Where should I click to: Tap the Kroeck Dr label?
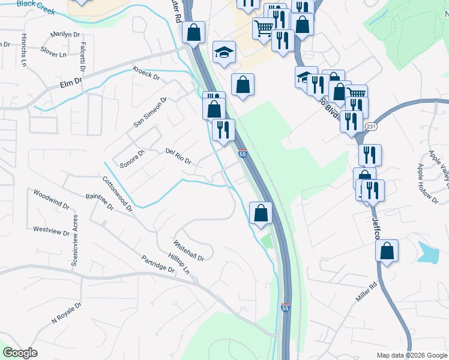tap(146, 73)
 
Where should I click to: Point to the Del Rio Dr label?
tap(178, 157)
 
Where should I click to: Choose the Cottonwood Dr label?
tap(117, 194)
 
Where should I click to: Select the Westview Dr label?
tap(47, 229)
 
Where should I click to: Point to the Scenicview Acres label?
tap(75, 243)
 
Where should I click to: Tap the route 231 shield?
tap(371, 127)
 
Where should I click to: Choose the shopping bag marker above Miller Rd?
tap(387, 251)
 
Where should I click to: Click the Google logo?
tap(20, 353)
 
